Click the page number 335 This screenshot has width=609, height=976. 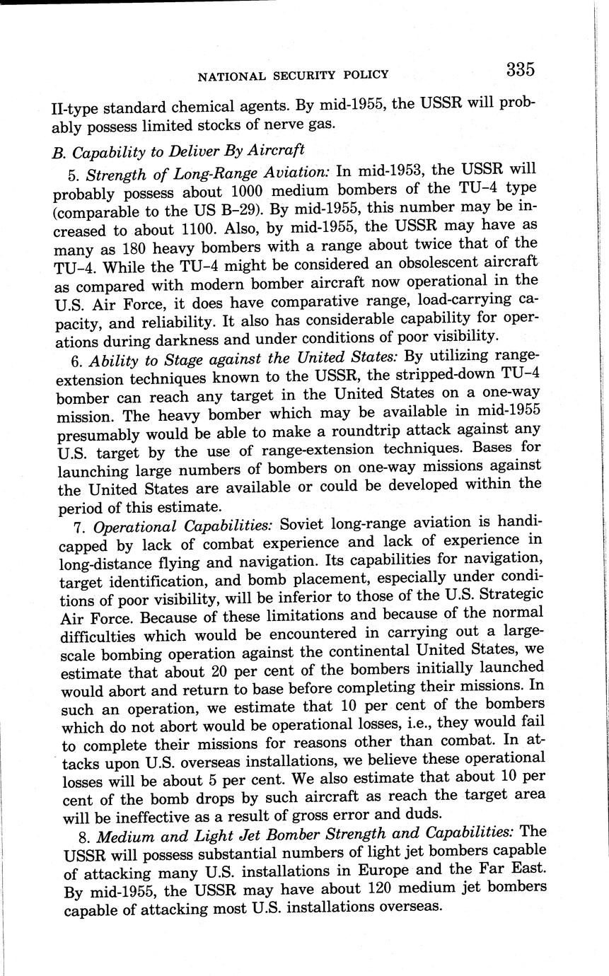click(519, 69)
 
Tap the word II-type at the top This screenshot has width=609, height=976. click(76, 109)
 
